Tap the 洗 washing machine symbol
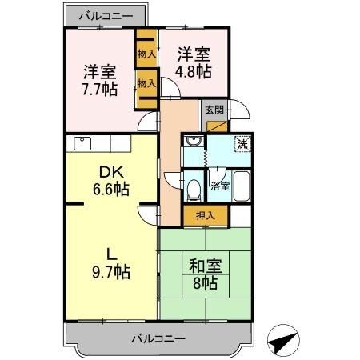tap(240, 145)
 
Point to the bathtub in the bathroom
tap(242, 186)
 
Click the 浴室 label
tap(219, 186)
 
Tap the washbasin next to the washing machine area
tap(192, 142)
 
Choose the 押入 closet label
tap(195, 214)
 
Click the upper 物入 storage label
tap(146, 54)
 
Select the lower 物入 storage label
tap(146, 82)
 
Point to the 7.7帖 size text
tap(99, 87)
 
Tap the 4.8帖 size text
tap(193, 70)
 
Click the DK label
tap(110, 171)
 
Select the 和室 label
tap(206, 263)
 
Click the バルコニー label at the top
tap(106, 15)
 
